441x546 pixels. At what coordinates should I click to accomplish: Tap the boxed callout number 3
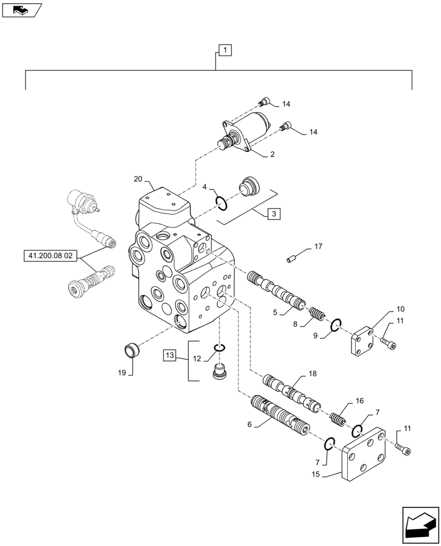click(274, 213)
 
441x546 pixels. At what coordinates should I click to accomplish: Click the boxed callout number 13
click(169, 356)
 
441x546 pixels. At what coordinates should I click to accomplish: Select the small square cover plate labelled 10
click(361, 342)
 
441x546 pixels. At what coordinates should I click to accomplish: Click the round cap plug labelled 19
click(131, 349)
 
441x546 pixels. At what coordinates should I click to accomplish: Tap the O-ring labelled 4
click(221, 203)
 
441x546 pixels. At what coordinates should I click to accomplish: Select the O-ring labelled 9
click(336, 326)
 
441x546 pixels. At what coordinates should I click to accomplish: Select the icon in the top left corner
click(21, 9)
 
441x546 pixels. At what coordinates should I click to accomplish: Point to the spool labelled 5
click(275, 289)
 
